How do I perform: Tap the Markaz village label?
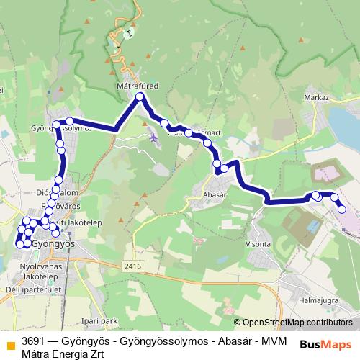316,97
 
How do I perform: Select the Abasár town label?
215,194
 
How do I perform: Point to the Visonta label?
258,244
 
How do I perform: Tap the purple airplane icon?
153,137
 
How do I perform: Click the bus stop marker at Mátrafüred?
140,96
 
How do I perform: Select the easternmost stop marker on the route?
342,210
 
